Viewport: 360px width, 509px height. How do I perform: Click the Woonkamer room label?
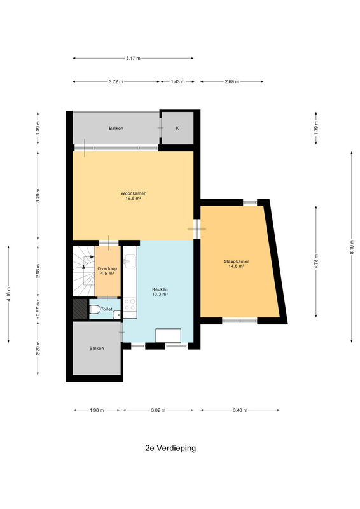133,193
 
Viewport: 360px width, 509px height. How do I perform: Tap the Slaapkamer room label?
236,261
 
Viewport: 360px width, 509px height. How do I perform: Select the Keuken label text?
160,289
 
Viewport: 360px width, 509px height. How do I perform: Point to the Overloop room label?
107,268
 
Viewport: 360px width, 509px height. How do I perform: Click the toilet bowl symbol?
95,309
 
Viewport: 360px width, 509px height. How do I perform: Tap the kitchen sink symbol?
130,261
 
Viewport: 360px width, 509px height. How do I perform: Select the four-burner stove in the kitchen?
130,305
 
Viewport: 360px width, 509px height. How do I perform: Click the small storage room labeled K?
177,129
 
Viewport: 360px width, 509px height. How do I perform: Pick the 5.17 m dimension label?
133,58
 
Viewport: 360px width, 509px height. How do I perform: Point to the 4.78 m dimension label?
316,261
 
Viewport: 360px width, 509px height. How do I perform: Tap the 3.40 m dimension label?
240,410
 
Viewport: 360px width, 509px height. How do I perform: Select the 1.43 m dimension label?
177,82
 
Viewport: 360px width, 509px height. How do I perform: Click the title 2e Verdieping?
170,449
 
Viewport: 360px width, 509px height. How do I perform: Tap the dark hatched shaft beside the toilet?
80,309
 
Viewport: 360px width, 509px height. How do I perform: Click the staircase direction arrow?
84,267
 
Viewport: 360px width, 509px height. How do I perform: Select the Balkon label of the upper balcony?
116,129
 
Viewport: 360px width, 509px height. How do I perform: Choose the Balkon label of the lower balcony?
97,348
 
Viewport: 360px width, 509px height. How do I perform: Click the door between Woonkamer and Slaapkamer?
197,229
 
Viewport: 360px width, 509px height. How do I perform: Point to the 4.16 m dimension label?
9,295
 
